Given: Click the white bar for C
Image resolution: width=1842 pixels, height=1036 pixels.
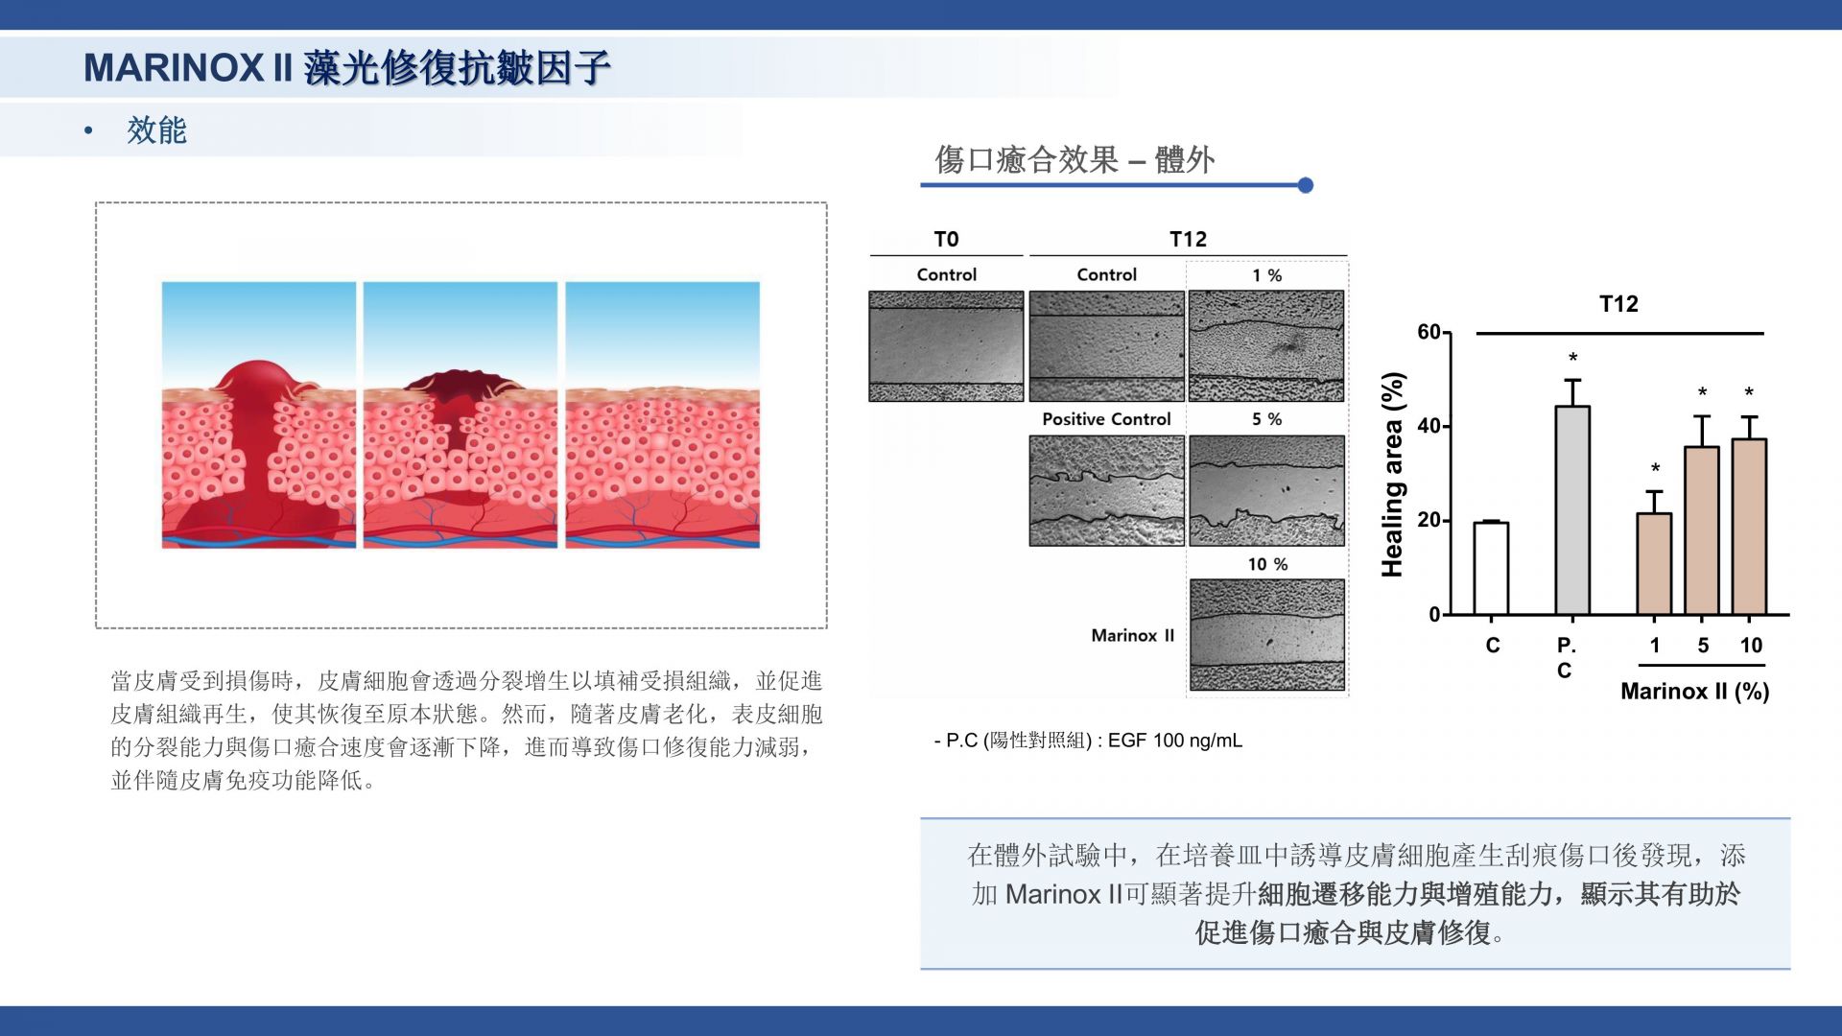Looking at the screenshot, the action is [x=1491, y=568].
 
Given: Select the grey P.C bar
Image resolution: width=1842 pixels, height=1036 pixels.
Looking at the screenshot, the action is [x=1572, y=510].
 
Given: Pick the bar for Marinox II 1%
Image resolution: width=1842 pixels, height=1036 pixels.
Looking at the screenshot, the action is [x=1654, y=564].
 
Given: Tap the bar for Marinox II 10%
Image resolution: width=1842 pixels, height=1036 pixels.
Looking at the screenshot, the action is [x=1749, y=527].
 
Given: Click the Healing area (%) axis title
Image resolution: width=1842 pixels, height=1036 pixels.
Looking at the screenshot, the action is [x=1392, y=474].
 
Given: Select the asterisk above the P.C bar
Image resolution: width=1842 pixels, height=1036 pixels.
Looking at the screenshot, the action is [x=1573, y=359].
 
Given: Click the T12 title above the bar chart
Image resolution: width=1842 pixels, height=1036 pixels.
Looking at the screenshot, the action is [x=1618, y=304].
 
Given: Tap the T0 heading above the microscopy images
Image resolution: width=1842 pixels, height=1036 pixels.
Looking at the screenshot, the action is [x=946, y=239].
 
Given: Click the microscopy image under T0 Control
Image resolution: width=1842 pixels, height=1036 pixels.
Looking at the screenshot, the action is [x=946, y=346].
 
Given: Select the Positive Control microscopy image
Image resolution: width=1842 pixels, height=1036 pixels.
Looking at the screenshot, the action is [x=1106, y=490].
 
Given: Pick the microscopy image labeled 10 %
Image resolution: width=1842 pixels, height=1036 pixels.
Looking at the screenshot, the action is [x=1267, y=635].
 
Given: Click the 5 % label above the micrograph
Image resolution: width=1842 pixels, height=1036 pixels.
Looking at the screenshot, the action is [x=1267, y=419].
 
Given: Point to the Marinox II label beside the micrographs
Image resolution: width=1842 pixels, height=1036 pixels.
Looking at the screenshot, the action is [x=1132, y=635].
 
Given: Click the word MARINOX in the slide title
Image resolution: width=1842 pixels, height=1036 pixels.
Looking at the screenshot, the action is [x=173, y=68].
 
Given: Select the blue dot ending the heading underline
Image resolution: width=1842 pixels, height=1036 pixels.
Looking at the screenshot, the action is [x=1305, y=185].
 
